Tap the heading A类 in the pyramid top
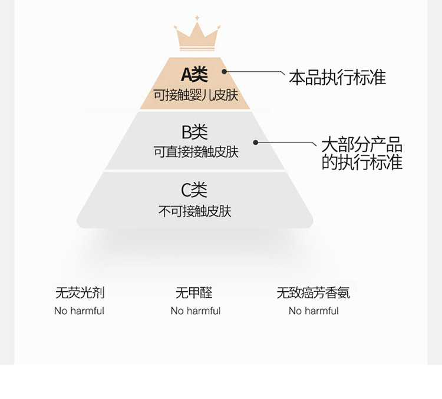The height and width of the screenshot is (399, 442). [194, 74]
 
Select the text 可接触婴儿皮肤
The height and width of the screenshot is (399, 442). [196, 94]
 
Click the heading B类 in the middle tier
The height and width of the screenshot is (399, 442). [194, 132]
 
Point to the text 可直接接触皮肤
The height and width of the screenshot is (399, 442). [196, 151]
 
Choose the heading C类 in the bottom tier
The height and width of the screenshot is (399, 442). [194, 190]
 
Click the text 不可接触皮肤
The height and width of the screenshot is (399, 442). [195, 211]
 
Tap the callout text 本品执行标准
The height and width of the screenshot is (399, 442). [337, 77]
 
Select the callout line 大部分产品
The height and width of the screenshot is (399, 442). [361, 144]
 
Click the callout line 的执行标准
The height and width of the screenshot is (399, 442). [361, 162]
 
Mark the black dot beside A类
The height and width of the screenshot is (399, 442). [224, 72]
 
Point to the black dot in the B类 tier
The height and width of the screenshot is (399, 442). [256, 142]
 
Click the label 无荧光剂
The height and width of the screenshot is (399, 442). [80, 292]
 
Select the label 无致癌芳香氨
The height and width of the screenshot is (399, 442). [316, 292]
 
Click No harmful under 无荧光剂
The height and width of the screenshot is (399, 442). [79, 311]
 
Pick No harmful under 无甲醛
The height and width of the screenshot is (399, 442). [195, 311]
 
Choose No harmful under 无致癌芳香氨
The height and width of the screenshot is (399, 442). [314, 311]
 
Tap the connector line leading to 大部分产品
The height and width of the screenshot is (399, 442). [286, 142]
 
